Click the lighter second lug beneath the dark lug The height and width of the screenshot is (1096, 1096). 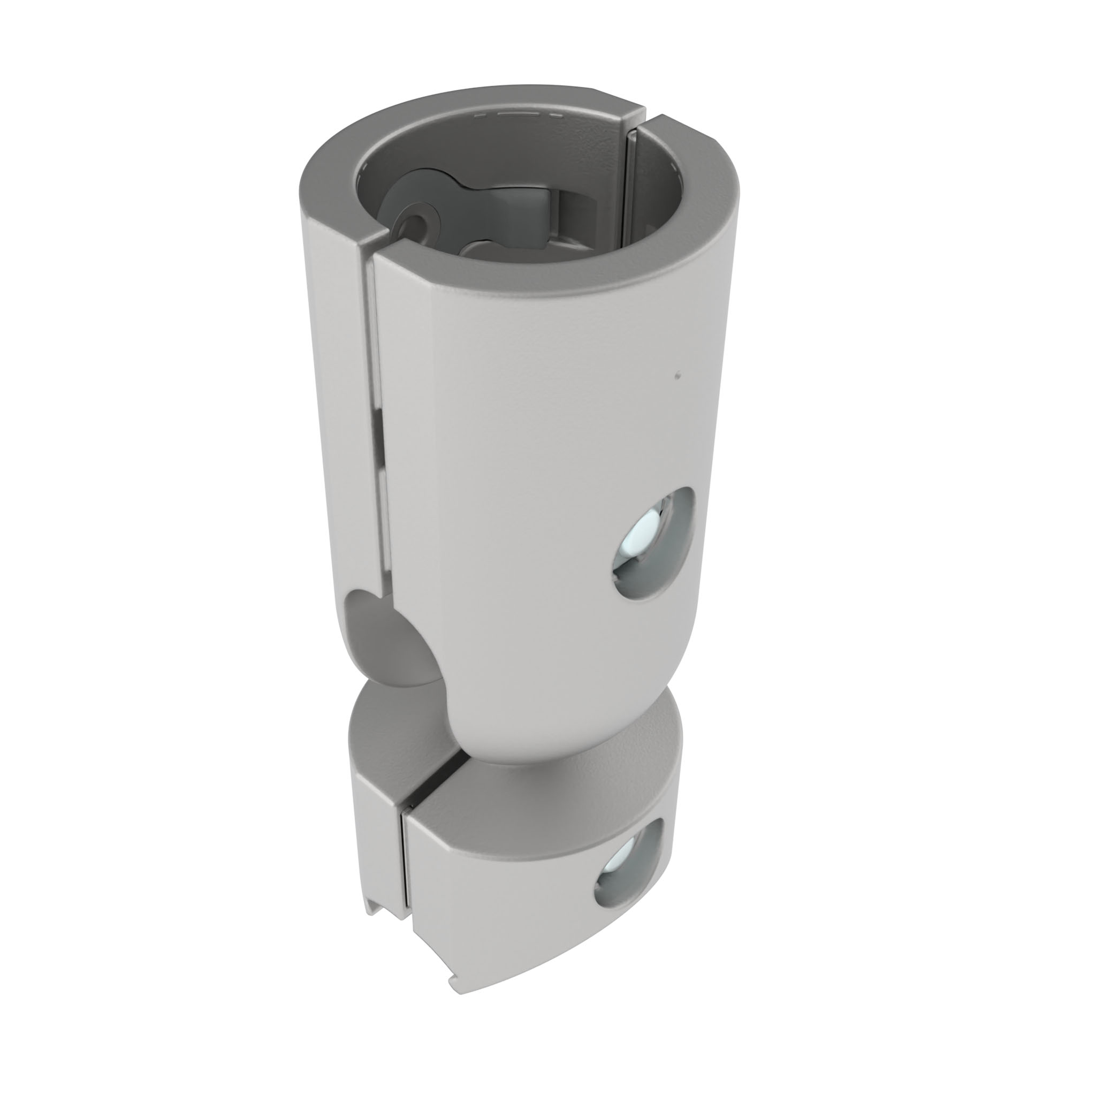(x=488, y=249)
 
